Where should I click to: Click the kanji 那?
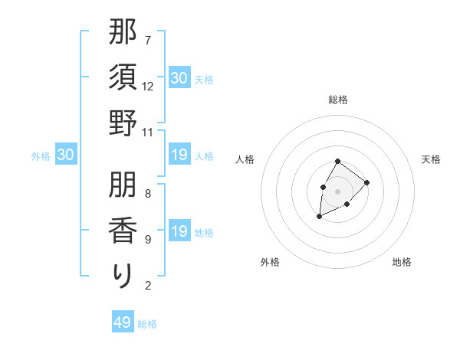[123, 33]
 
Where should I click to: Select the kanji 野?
[123, 123]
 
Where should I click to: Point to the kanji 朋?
[123, 185]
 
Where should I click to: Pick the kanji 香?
[123, 230]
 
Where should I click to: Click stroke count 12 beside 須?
[148, 86]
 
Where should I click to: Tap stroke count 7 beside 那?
[148, 40]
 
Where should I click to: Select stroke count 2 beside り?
[148, 286]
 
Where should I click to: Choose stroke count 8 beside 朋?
[148, 194]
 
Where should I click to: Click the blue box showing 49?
[123, 322]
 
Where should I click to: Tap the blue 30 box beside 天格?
[179, 77]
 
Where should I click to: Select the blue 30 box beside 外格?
[66, 155]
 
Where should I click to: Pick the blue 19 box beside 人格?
[179, 155]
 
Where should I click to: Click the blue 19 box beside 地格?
[179, 232]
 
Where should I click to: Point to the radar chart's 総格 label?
[337, 100]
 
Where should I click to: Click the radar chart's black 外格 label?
[270, 262]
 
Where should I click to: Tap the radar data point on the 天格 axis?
[367, 182]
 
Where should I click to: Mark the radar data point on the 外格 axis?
[319, 217]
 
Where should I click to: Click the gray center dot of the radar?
[337, 191]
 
